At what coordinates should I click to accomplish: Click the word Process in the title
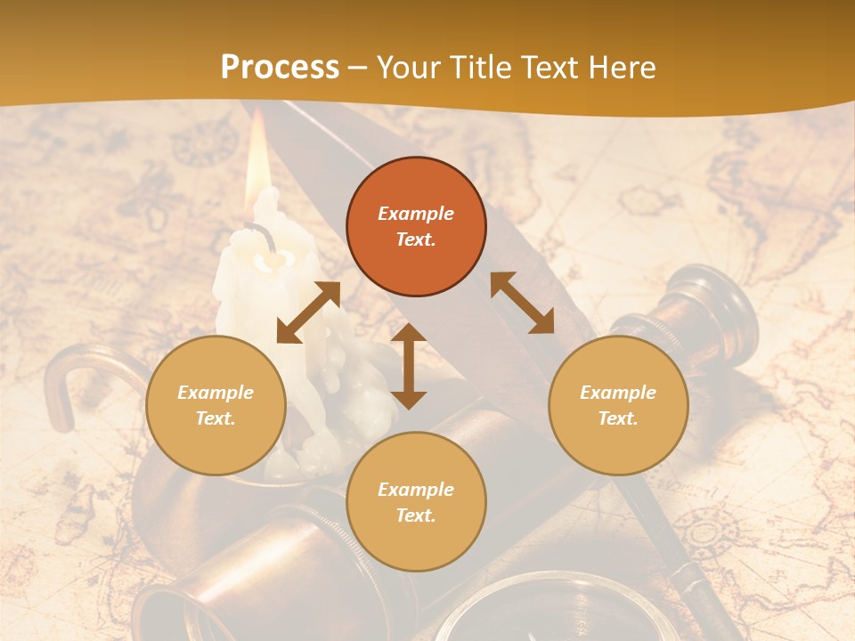coord(280,68)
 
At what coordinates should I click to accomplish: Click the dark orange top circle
coord(416,226)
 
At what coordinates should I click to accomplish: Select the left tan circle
coord(216,405)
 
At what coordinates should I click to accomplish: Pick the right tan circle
coord(618,405)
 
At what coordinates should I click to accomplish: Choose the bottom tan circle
coord(416,502)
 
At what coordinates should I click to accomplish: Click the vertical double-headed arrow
coord(409,366)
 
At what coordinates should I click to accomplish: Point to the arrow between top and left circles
coord(308,312)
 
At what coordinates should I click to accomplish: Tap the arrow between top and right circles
coord(522,303)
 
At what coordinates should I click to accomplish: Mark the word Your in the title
coord(409,68)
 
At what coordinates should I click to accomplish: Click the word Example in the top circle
coord(416,214)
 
